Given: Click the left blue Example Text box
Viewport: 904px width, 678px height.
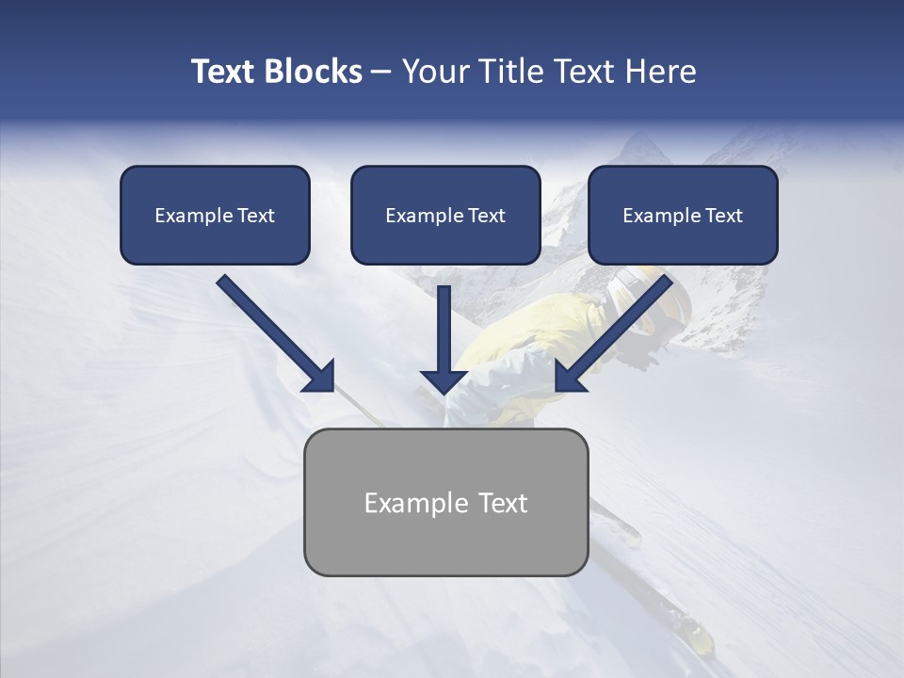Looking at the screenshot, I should [215, 215].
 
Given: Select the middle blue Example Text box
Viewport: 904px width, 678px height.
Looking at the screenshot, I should [445, 215].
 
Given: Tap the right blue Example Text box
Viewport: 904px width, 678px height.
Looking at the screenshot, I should [683, 215].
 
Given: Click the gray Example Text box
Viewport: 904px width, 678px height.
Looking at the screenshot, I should [445, 502].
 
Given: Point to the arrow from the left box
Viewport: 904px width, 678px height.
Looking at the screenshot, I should [273, 331].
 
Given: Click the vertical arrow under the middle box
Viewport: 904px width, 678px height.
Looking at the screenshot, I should [444, 339].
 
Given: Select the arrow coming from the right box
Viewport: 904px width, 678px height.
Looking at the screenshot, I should [617, 331].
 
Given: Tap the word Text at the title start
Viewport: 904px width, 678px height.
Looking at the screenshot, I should [224, 72].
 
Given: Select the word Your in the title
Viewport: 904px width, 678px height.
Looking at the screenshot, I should [434, 72].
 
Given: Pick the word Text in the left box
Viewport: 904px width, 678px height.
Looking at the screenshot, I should [255, 215].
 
